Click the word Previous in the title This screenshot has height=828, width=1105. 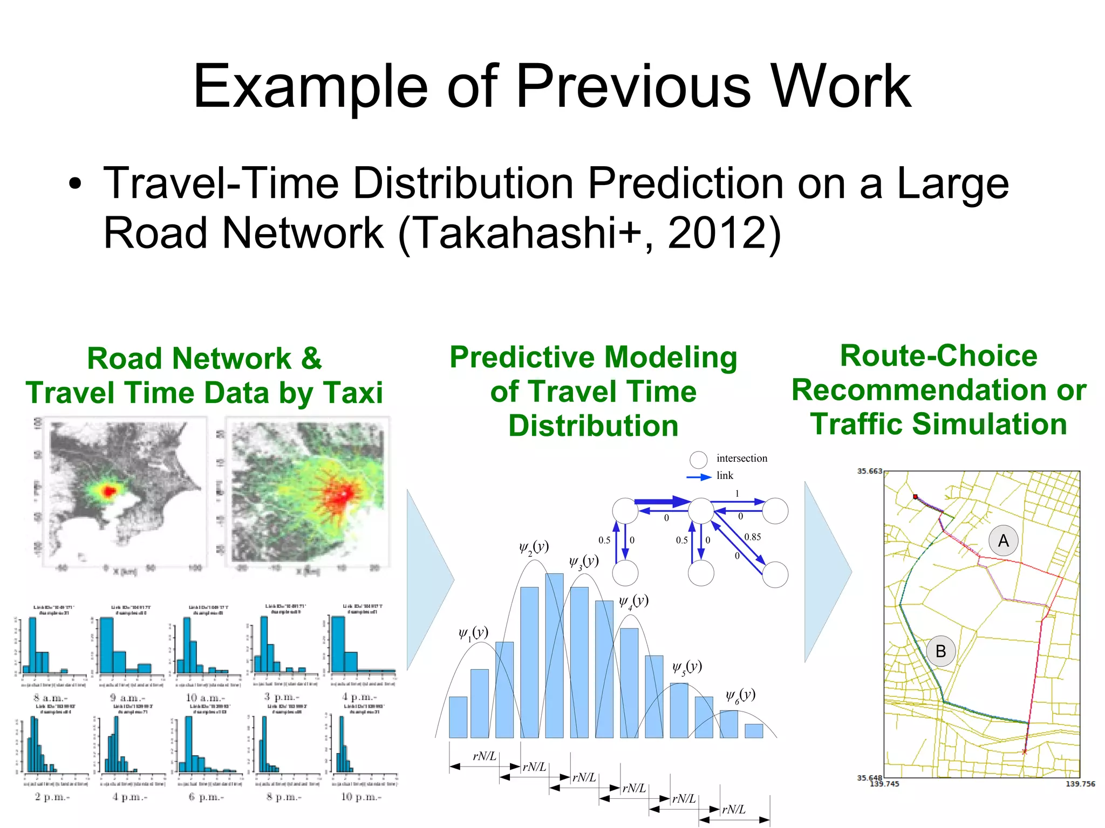pyautogui.click(x=633, y=86)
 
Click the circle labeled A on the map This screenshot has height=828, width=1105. pyautogui.click(x=1003, y=540)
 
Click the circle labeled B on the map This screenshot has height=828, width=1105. pyautogui.click(x=940, y=651)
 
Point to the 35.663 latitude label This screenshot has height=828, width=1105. pyautogui.click(x=869, y=471)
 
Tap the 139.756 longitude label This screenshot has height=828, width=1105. pyautogui.click(x=1080, y=784)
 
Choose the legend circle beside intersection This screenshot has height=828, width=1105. pyautogui.click(x=698, y=459)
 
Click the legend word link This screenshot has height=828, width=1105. pyautogui.click(x=725, y=475)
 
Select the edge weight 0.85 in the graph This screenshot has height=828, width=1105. pyautogui.click(x=752, y=537)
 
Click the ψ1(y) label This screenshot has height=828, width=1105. pyautogui.click(x=473, y=633)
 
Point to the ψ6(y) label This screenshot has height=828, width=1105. pyautogui.click(x=740, y=695)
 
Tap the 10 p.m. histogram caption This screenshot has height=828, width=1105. pyautogui.click(x=361, y=797)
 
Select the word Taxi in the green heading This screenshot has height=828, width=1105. pyautogui.click(x=353, y=393)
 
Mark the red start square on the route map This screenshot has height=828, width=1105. pyautogui.click(x=915, y=496)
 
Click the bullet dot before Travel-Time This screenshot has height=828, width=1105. pyautogui.click(x=76, y=185)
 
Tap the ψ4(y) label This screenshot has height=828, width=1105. pyautogui.click(x=633, y=601)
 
